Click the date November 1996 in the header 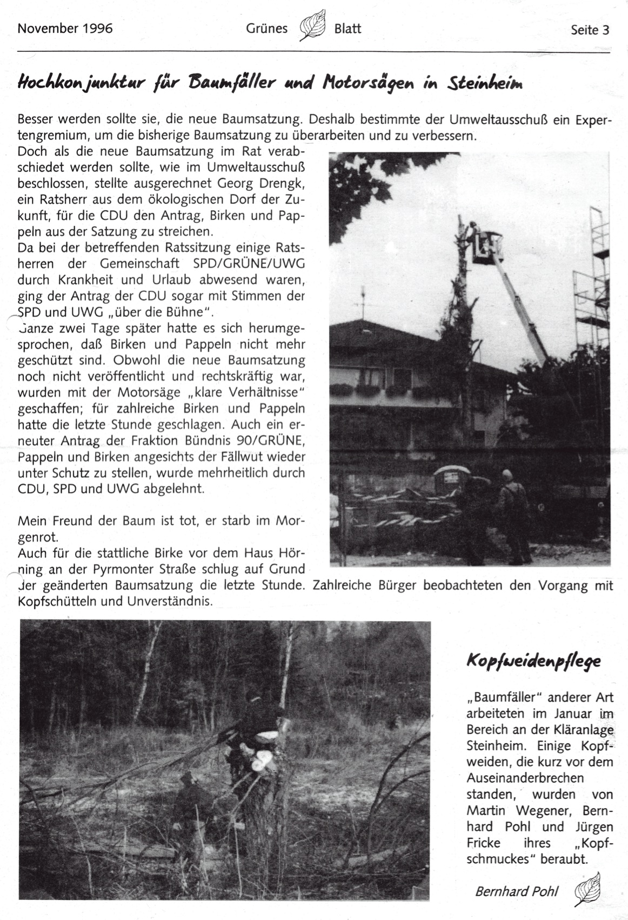[65, 28]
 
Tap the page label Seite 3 [590, 30]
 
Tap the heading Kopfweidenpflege [533, 662]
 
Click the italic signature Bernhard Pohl [518, 891]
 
